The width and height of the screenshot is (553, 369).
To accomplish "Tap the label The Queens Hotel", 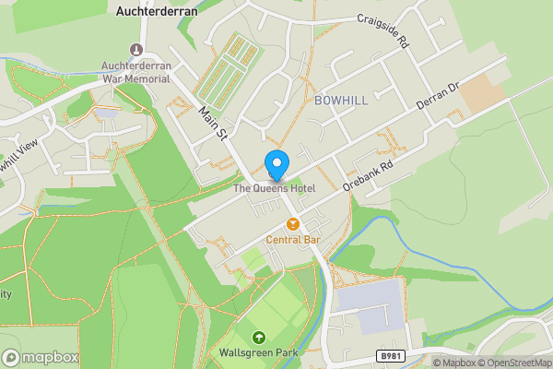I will click(274, 188).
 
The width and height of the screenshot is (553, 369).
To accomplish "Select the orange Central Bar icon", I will click(293, 223).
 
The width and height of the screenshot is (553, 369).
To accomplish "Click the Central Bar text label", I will click(293, 240).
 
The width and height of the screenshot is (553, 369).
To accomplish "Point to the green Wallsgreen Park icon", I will click(258, 337).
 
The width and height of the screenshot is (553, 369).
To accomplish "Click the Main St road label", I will click(213, 123).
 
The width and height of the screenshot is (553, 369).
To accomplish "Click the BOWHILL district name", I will click(341, 99).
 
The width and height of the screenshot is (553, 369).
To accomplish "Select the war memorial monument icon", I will click(137, 49).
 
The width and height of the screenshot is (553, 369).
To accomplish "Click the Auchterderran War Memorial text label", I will click(136, 71).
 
